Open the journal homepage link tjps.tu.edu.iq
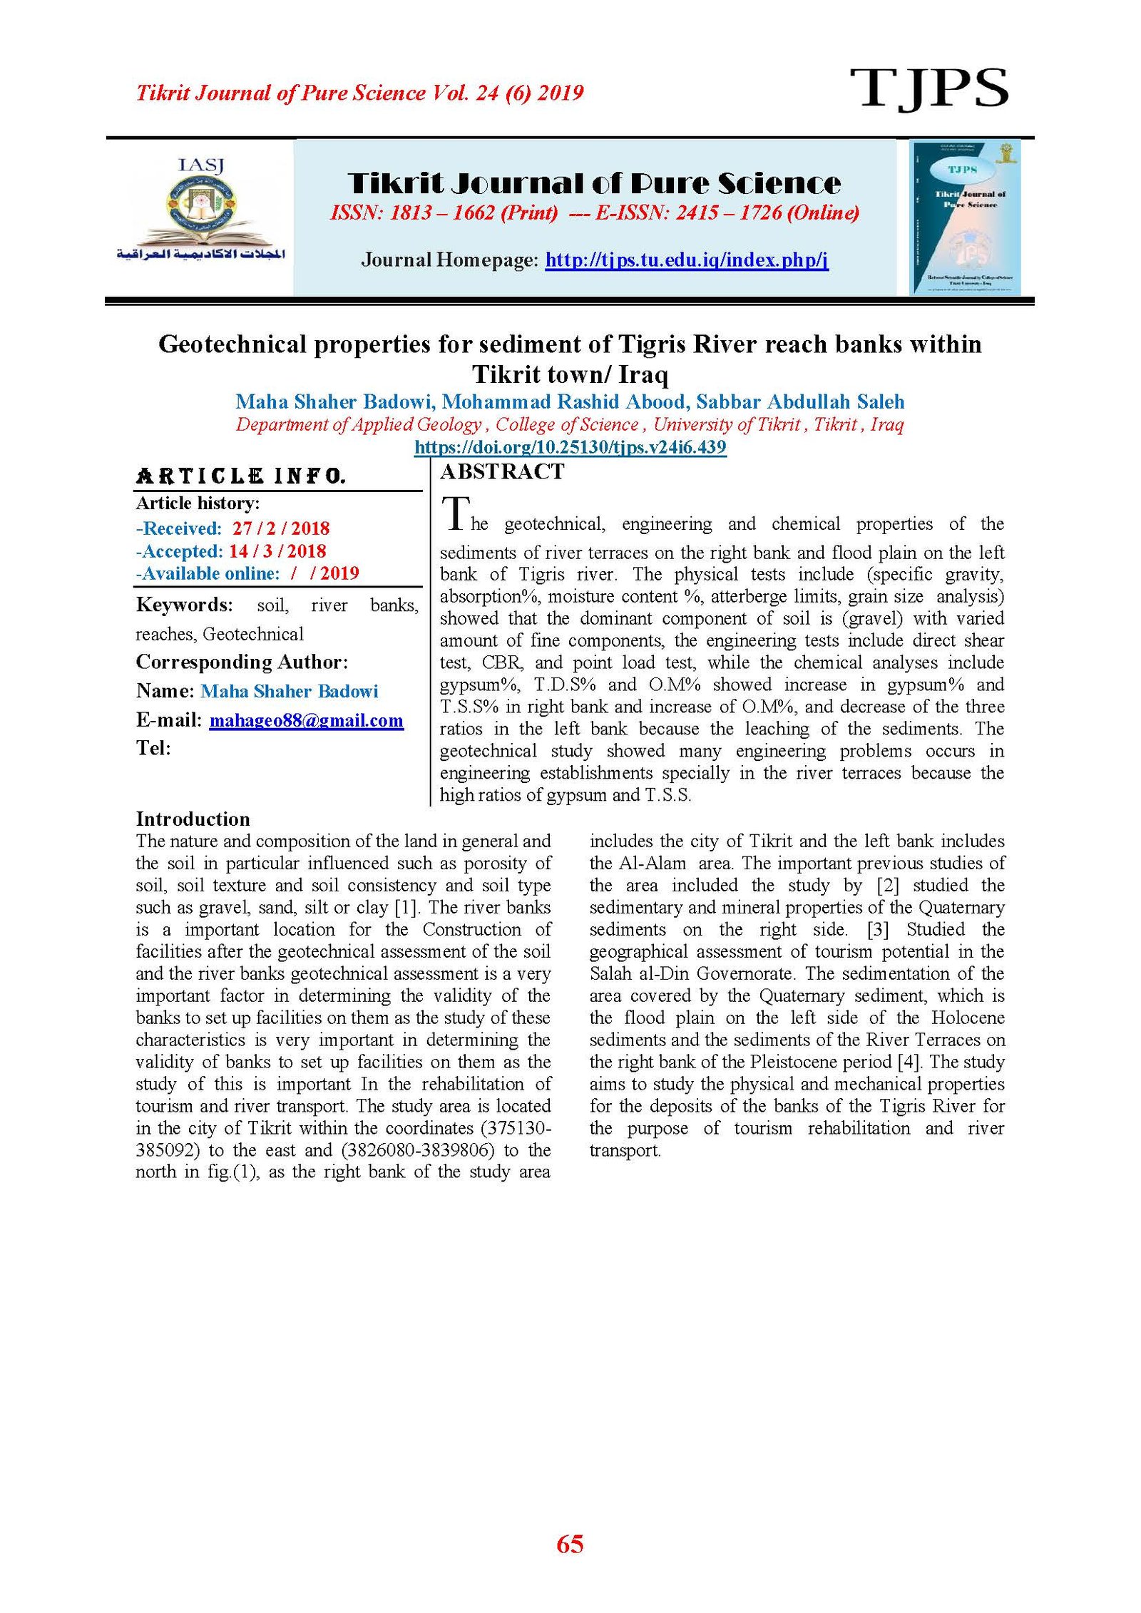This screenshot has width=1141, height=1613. (686, 260)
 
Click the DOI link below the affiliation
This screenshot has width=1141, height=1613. (570, 447)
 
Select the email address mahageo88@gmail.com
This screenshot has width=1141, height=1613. (306, 720)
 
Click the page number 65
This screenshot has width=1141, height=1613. (570, 1545)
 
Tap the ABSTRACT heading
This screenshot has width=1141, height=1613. (502, 471)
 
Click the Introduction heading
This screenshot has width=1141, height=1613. (193, 818)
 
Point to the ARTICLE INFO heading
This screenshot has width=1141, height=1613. (241, 476)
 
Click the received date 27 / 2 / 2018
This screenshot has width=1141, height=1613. (281, 528)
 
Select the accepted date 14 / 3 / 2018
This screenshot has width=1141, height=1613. (277, 551)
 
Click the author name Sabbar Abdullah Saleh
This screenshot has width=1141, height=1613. (800, 401)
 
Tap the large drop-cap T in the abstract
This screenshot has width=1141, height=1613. (455, 513)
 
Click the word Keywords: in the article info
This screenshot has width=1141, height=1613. (184, 605)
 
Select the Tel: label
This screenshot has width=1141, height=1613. (153, 748)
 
